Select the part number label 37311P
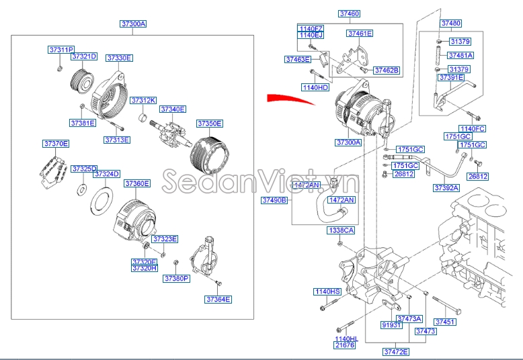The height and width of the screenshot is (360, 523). pyautogui.click(x=61, y=50)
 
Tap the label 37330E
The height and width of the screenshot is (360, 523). pyautogui.click(x=120, y=58)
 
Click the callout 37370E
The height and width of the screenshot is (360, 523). pyautogui.click(x=56, y=144)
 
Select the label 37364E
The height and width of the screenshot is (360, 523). pyautogui.click(x=218, y=299)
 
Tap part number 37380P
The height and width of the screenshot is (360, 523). pyautogui.click(x=177, y=278)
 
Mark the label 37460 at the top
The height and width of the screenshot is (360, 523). pyautogui.click(x=349, y=13)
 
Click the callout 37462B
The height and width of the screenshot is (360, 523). pyautogui.click(x=387, y=70)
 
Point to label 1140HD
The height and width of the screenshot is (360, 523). pyautogui.click(x=315, y=87)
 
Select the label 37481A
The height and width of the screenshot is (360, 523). pyautogui.click(x=460, y=55)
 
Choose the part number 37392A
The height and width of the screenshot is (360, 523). pyautogui.click(x=446, y=188)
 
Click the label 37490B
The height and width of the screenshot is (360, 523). pyautogui.click(x=274, y=200)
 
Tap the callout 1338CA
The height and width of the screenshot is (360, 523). pyautogui.click(x=340, y=230)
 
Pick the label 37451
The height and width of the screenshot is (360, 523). pyautogui.click(x=446, y=322)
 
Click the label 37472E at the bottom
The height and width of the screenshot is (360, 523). pyautogui.click(x=396, y=351)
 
